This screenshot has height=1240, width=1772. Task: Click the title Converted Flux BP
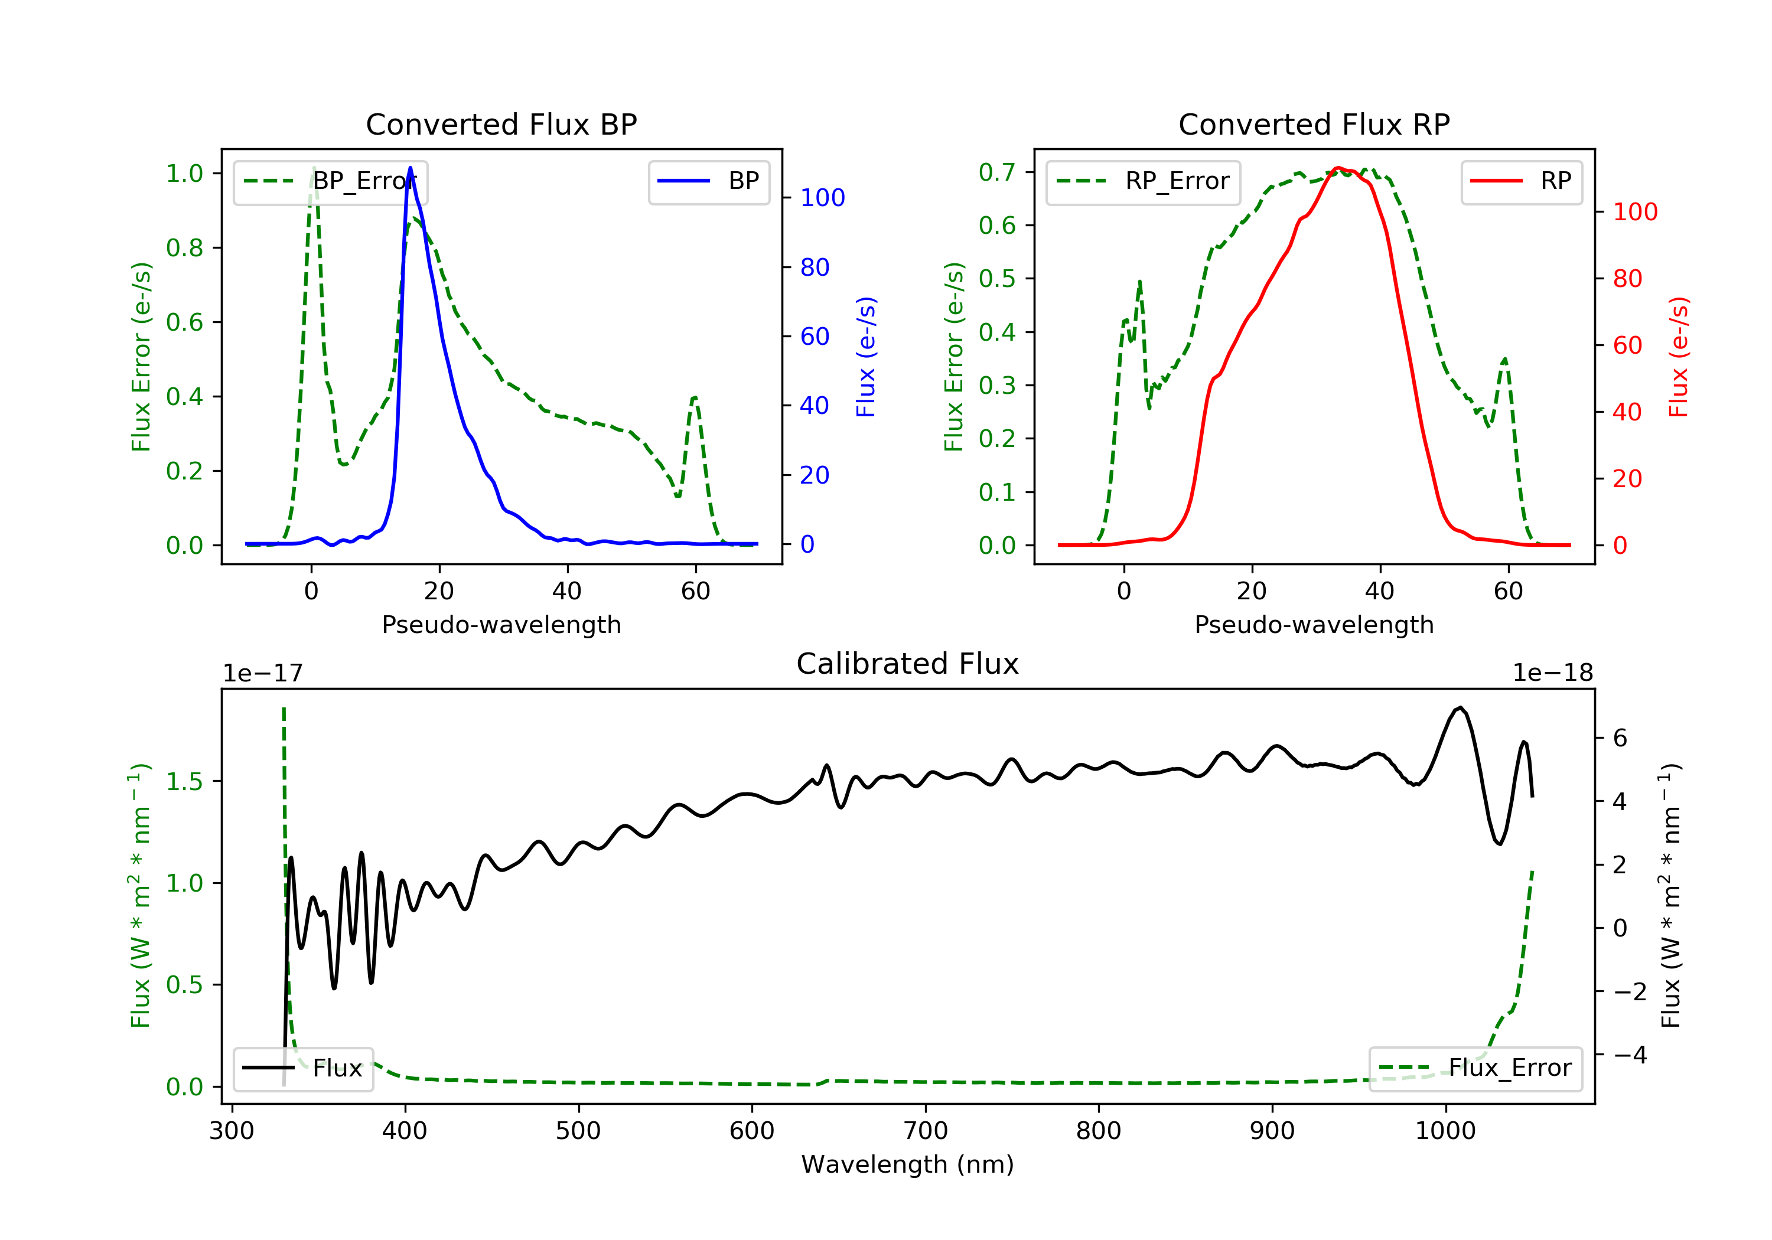tap(501, 124)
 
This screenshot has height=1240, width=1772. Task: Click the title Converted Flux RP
tap(1314, 124)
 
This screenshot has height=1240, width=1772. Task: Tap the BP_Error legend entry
tap(330, 181)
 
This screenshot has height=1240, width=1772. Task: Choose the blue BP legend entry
tap(708, 181)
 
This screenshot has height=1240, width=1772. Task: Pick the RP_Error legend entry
tap(1143, 181)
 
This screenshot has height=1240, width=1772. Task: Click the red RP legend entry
tap(1521, 181)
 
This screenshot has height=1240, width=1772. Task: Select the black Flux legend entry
tap(304, 1068)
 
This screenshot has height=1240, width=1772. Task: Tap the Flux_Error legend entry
tap(1475, 1068)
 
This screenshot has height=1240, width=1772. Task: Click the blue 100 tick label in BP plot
tap(822, 198)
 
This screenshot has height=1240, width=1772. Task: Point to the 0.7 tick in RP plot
tap(996, 172)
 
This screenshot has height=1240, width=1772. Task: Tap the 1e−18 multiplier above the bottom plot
tap(1552, 674)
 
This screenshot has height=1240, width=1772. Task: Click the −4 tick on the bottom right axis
tap(1629, 1055)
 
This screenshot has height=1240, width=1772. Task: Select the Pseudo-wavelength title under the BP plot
tap(501, 624)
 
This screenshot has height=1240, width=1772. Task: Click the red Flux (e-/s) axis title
tap(1679, 357)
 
